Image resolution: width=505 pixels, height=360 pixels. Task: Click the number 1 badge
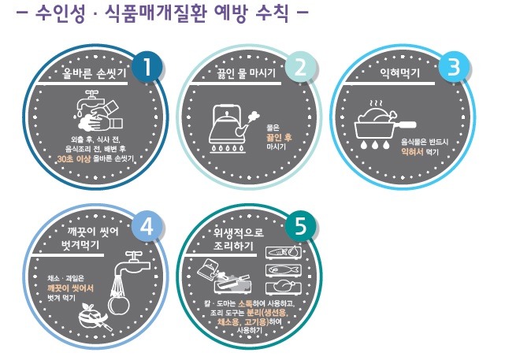click(147, 67)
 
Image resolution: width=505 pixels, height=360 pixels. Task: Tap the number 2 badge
click(300, 67)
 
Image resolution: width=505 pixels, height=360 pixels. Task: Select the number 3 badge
click(454, 67)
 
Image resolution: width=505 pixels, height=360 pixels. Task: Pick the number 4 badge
click(147, 228)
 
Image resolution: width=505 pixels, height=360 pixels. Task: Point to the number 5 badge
click(300, 227)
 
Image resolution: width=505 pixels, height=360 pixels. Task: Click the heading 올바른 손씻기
click(94, 73)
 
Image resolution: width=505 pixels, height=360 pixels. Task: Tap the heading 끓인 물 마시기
click(246, 73)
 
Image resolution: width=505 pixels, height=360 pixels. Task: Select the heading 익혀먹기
click(399, 73)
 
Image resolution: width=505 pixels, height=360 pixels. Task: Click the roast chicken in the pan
click(377, 115)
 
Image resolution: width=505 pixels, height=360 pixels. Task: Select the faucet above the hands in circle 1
click(90, 100)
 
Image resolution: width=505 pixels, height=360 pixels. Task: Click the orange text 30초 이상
click(74, 159)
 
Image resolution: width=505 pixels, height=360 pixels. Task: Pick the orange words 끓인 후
click(279, 138)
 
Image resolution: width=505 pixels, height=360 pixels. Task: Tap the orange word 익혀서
click(412, 152)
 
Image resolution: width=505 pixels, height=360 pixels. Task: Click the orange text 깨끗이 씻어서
click(70, 288)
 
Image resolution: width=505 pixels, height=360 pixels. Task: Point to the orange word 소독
click(246, 303)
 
